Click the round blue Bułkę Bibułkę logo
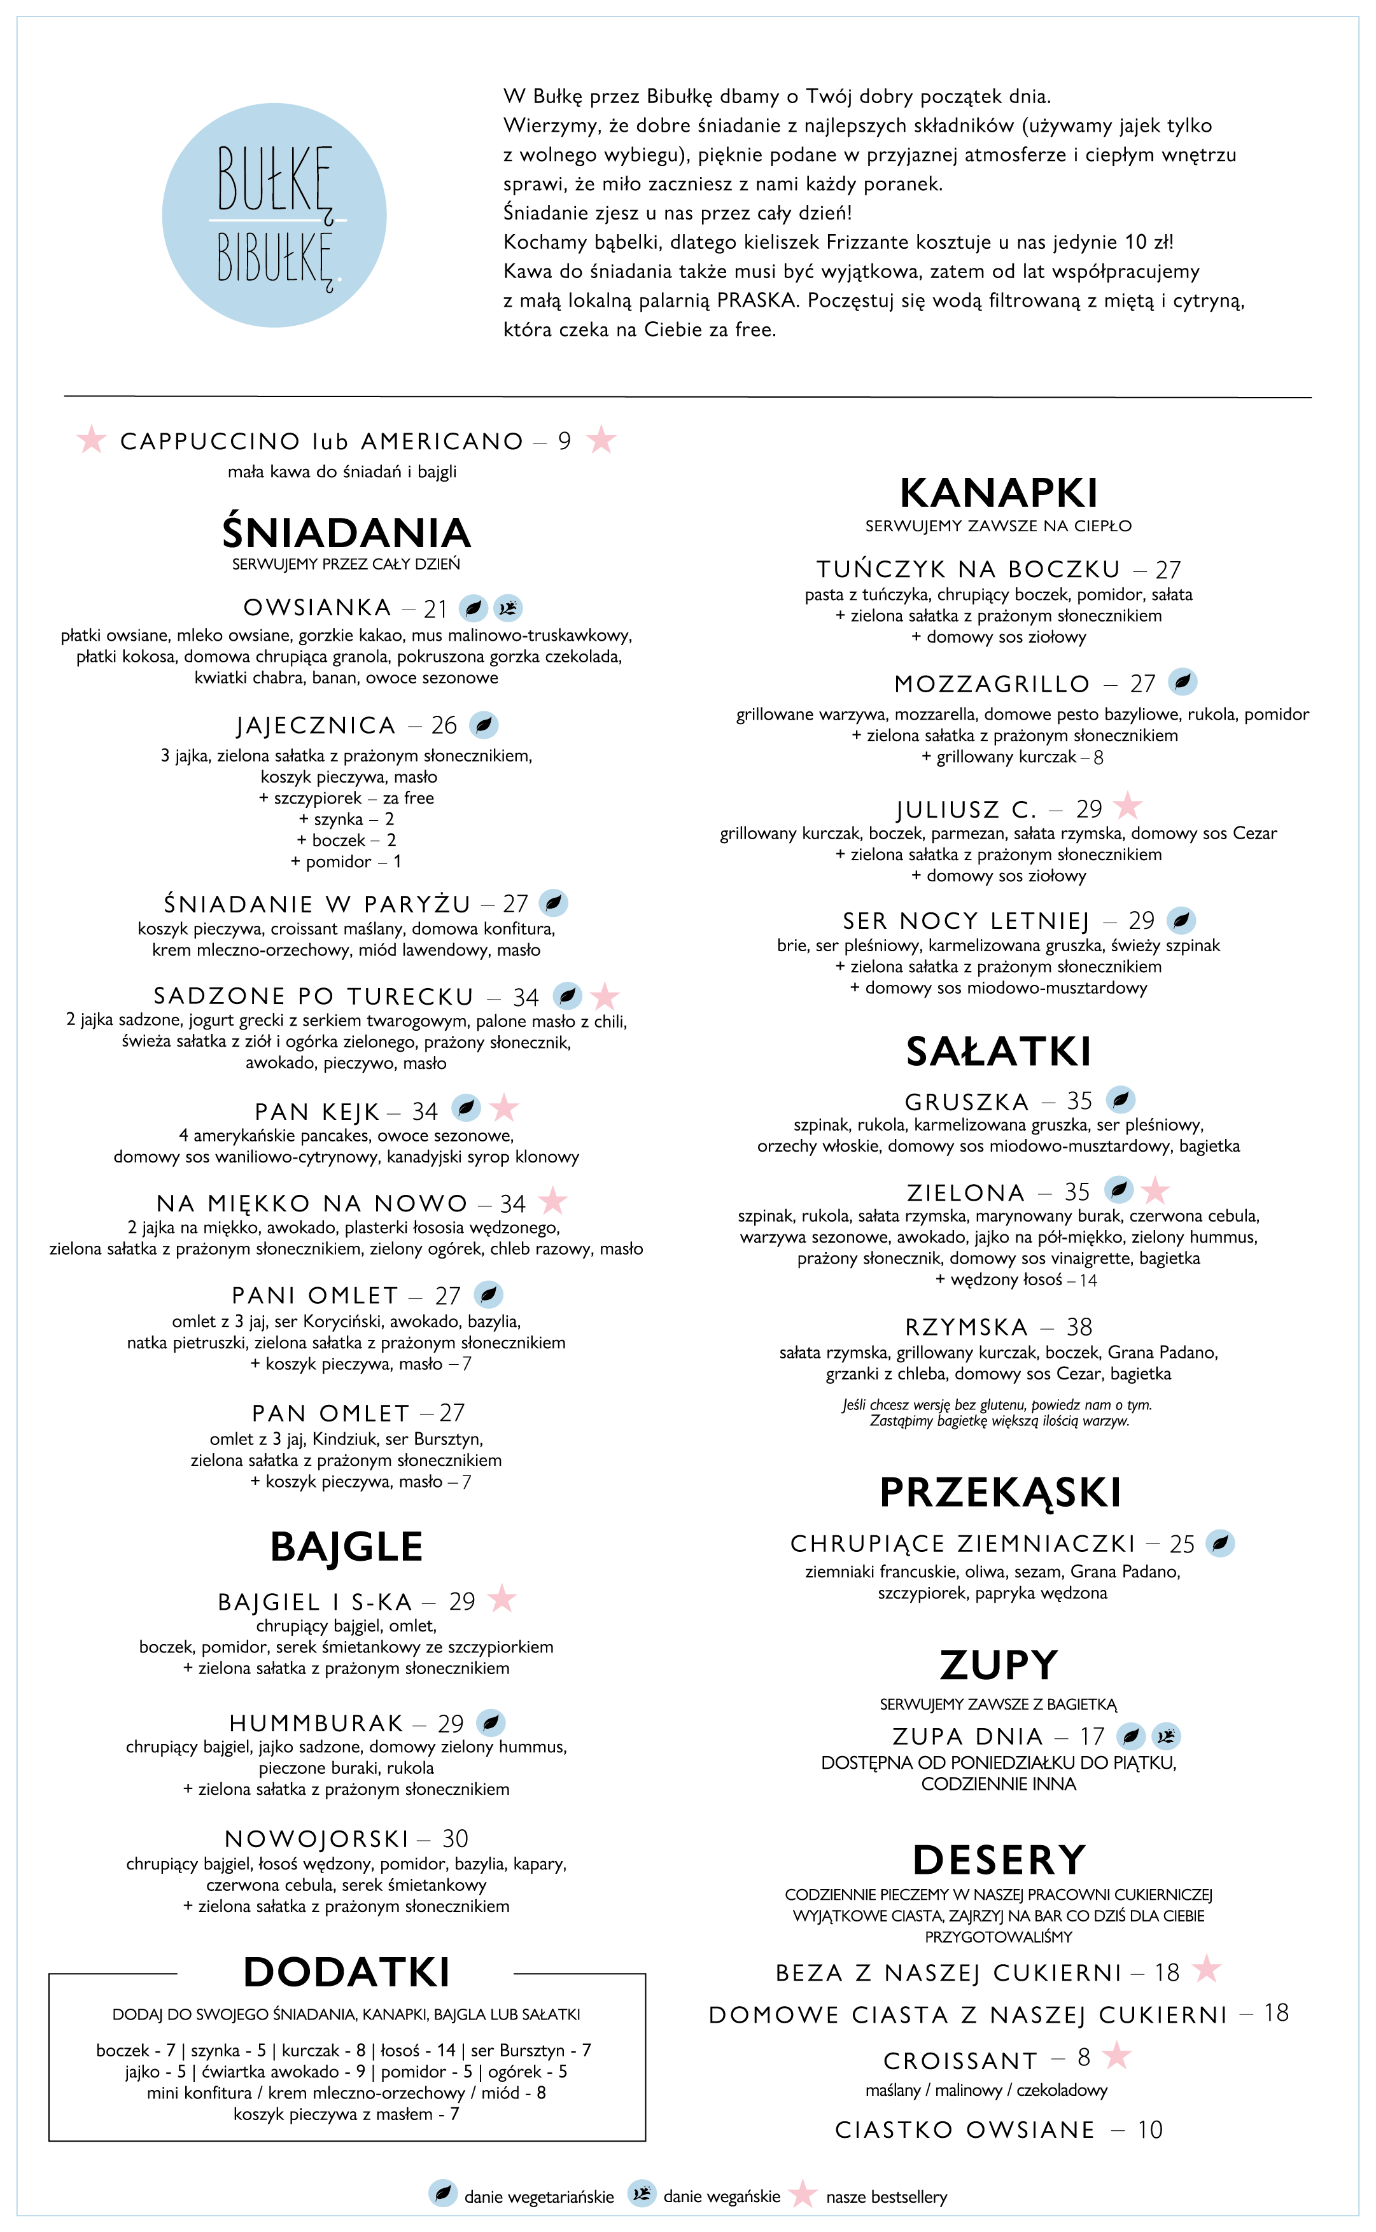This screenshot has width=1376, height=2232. click(274, 216)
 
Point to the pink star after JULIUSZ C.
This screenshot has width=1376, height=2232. click(1128, 805)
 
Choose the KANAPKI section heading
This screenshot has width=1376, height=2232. click(999, 494)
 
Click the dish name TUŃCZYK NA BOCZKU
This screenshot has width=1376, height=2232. click(968, 569)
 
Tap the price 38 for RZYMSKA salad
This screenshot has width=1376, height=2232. click(1079, 1327)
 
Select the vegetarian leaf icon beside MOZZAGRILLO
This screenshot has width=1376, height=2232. click(1182, 681)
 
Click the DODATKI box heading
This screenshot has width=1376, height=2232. click(347, 1972)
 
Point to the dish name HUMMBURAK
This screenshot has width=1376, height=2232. click(316, 1724)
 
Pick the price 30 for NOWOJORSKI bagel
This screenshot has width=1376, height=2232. click(455, 1839)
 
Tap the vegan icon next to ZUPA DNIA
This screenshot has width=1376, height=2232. click(1166, 1736)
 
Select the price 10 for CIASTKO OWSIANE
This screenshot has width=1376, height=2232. click(1150, 2130)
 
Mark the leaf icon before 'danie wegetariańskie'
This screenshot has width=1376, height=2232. click(442, 2194)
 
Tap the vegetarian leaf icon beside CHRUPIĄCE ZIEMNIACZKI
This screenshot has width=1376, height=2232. click(1220, 1544)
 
